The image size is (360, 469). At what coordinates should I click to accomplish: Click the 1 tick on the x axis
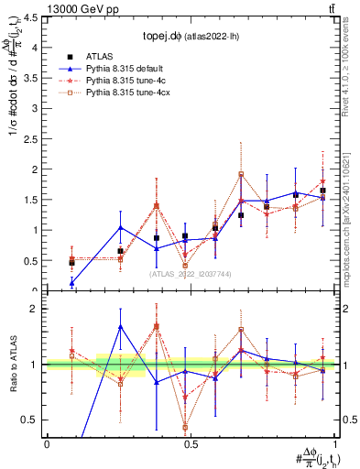click(x=336, y=443)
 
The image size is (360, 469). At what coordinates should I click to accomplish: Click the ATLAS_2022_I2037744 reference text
click(x=191, y=274)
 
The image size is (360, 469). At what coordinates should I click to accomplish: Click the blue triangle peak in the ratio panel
click(x=121, y=326)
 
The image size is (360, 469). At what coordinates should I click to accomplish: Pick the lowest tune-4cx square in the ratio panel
click(x=185, y=427)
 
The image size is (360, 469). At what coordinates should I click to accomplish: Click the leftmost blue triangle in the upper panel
click(x=71, y=283)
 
